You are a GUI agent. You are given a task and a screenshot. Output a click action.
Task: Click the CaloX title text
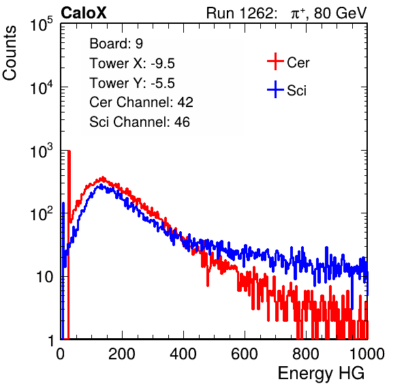click(84, 13)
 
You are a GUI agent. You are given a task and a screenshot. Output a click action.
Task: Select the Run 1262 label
click(240, 13)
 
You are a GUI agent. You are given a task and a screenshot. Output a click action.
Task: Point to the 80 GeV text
click(340, 13)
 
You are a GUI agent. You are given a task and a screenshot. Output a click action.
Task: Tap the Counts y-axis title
click(10, 53)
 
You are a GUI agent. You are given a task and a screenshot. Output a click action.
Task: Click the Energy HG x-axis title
click(321, 374)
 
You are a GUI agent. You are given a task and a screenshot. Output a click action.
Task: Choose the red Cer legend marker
click(275, 61)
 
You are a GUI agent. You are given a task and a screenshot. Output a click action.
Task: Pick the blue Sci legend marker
click(275, 90)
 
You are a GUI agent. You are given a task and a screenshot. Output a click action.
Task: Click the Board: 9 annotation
click(116, 44)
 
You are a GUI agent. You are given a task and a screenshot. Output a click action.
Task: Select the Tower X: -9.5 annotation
click(132, 63)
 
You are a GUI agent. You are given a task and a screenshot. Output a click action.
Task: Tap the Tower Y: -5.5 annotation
click(132, 83)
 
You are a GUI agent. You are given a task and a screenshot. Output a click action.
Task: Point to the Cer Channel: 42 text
click(141, 102)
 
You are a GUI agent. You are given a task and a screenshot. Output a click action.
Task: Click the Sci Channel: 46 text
click(140, 122)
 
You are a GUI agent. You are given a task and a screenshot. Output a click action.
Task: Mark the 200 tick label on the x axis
click(122, 354)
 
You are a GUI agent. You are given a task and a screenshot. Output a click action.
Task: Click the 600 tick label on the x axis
click(245, 354)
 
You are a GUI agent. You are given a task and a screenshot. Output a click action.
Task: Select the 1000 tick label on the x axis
click(367, 354)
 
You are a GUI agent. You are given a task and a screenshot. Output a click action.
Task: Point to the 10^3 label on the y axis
click(42, 151)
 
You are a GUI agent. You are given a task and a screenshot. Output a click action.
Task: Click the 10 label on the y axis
click(44, 277)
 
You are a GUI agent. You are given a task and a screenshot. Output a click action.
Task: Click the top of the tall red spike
click(69, 151)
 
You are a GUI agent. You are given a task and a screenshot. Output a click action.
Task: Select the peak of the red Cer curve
click(103, 178)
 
